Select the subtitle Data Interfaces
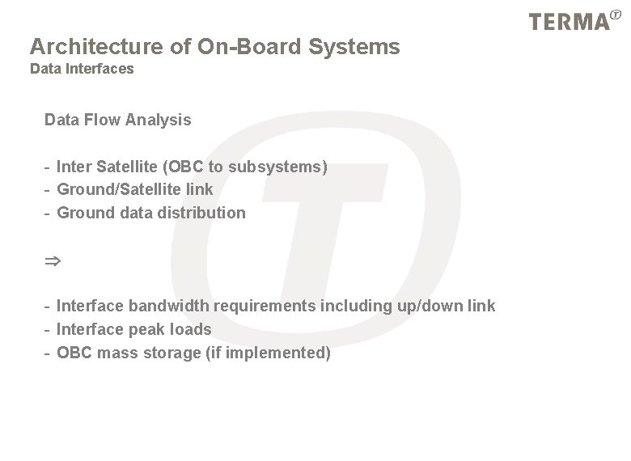(82, 69)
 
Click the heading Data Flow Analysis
(118, 121)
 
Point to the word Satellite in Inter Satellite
(127, 167)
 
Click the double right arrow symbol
(53, 261)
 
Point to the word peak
(145, 329)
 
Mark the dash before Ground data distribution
(48, 213)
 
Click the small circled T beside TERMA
(617, 13)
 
